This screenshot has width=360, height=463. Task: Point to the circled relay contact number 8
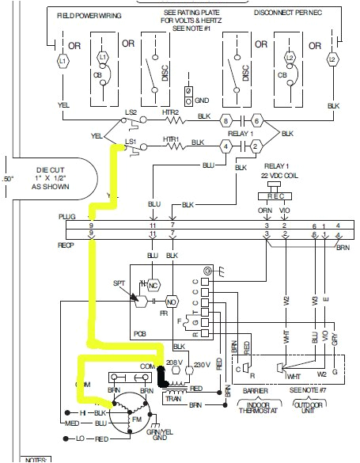coord(225,121)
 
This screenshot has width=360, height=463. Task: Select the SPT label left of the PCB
coord(119,283)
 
